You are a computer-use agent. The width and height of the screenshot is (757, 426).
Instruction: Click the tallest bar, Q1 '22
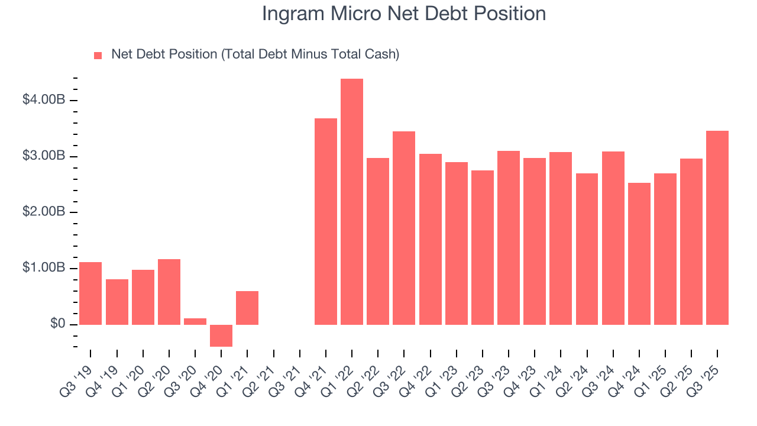tap(352, 201)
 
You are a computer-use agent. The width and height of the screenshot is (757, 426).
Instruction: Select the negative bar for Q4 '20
tap(221, 335)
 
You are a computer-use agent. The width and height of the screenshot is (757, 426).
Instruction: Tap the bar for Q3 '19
tap(90, 293)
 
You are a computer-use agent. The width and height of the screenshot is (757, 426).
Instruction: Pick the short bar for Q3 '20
tap(195, 321)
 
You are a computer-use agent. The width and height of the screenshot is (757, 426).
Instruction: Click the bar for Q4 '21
tap(326, 221)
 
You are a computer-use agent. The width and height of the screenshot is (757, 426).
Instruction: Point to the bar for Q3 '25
tap(717, 228)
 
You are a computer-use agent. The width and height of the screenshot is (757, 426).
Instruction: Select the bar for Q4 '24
tap(639, 254)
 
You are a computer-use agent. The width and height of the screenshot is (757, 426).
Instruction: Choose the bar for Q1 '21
tap(247, 308)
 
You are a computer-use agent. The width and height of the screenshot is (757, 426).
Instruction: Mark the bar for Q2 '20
tap(169, 292)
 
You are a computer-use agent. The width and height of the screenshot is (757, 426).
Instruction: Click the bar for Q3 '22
tap(404, 228)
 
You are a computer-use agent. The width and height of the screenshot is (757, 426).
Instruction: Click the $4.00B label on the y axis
tap(44, 100)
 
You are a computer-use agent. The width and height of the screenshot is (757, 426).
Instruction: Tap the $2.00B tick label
tap(44, 212)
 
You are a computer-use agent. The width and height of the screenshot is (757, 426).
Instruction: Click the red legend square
tap(98, 56)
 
